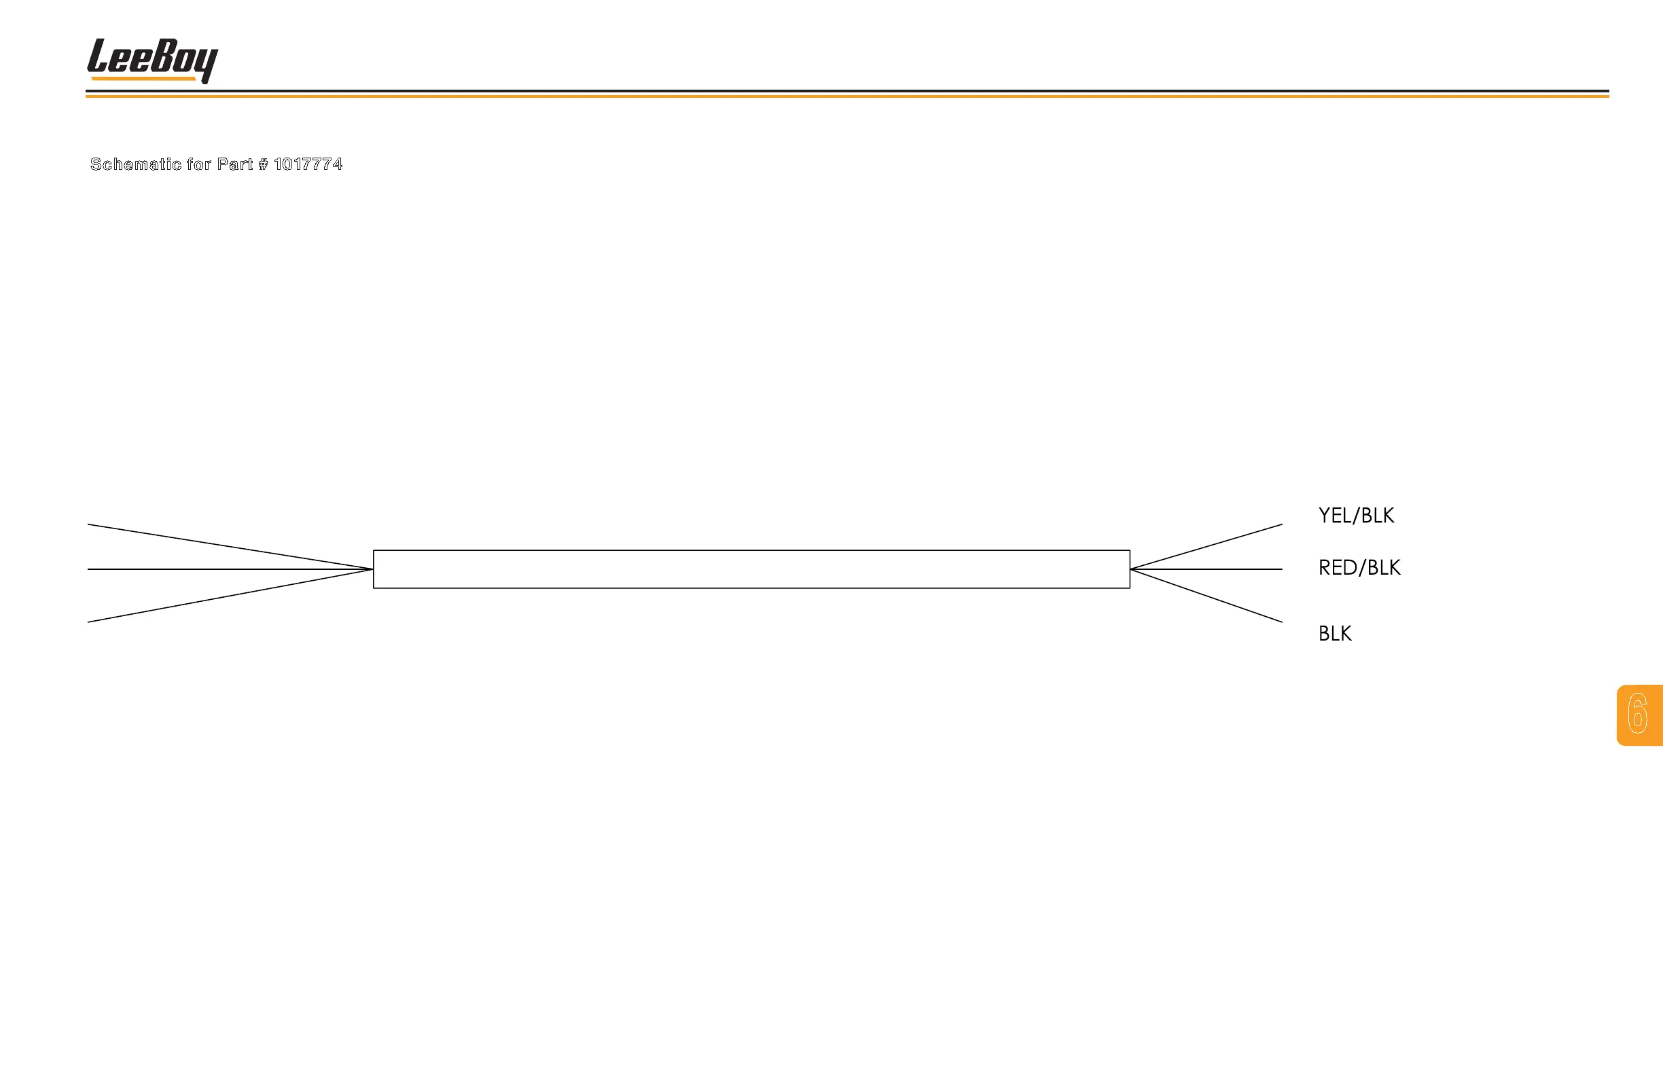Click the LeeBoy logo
(151, 58)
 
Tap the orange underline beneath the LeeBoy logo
(143, 79)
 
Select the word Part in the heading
(235, 164)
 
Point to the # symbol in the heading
(263, 164)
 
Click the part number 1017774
(308, 164)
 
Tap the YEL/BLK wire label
(1355, 516)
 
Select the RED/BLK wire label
(1359, 567)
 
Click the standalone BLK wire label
(1335, 634)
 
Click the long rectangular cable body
(751, 569)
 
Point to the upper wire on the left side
(230, 547)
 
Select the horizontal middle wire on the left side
(230, 569)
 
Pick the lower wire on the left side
(230, 595)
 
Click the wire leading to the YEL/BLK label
(1206, 546)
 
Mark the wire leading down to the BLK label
(1206, 596)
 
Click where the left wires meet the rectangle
(372, 569)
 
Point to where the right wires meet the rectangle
(1130, 569)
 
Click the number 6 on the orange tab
(1638, 713)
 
